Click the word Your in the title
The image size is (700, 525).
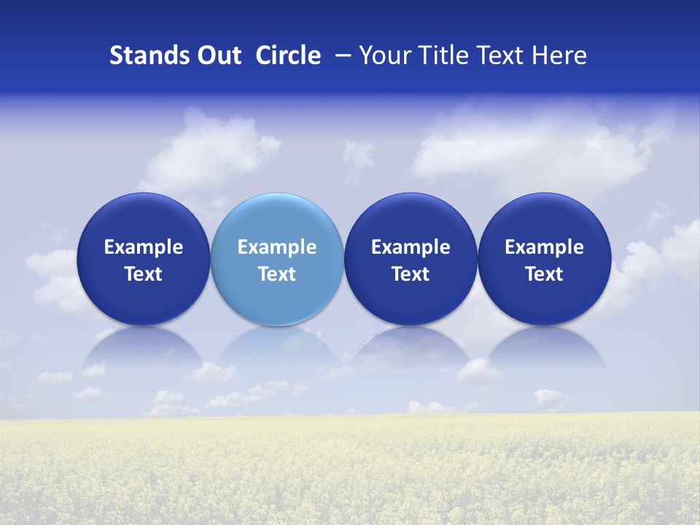coord(383,55)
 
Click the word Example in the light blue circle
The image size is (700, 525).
coord(277,247)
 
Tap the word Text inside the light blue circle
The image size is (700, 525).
coord(277,274)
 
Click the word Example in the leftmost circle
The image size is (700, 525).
coord(143,247)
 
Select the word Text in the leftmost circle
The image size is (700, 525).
coord(143,274)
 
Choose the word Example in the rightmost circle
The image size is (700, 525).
coord(544,247)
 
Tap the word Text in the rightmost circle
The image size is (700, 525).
coord(544,274)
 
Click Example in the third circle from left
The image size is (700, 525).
coord(411,247)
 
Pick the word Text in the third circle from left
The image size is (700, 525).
coord(411,274)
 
